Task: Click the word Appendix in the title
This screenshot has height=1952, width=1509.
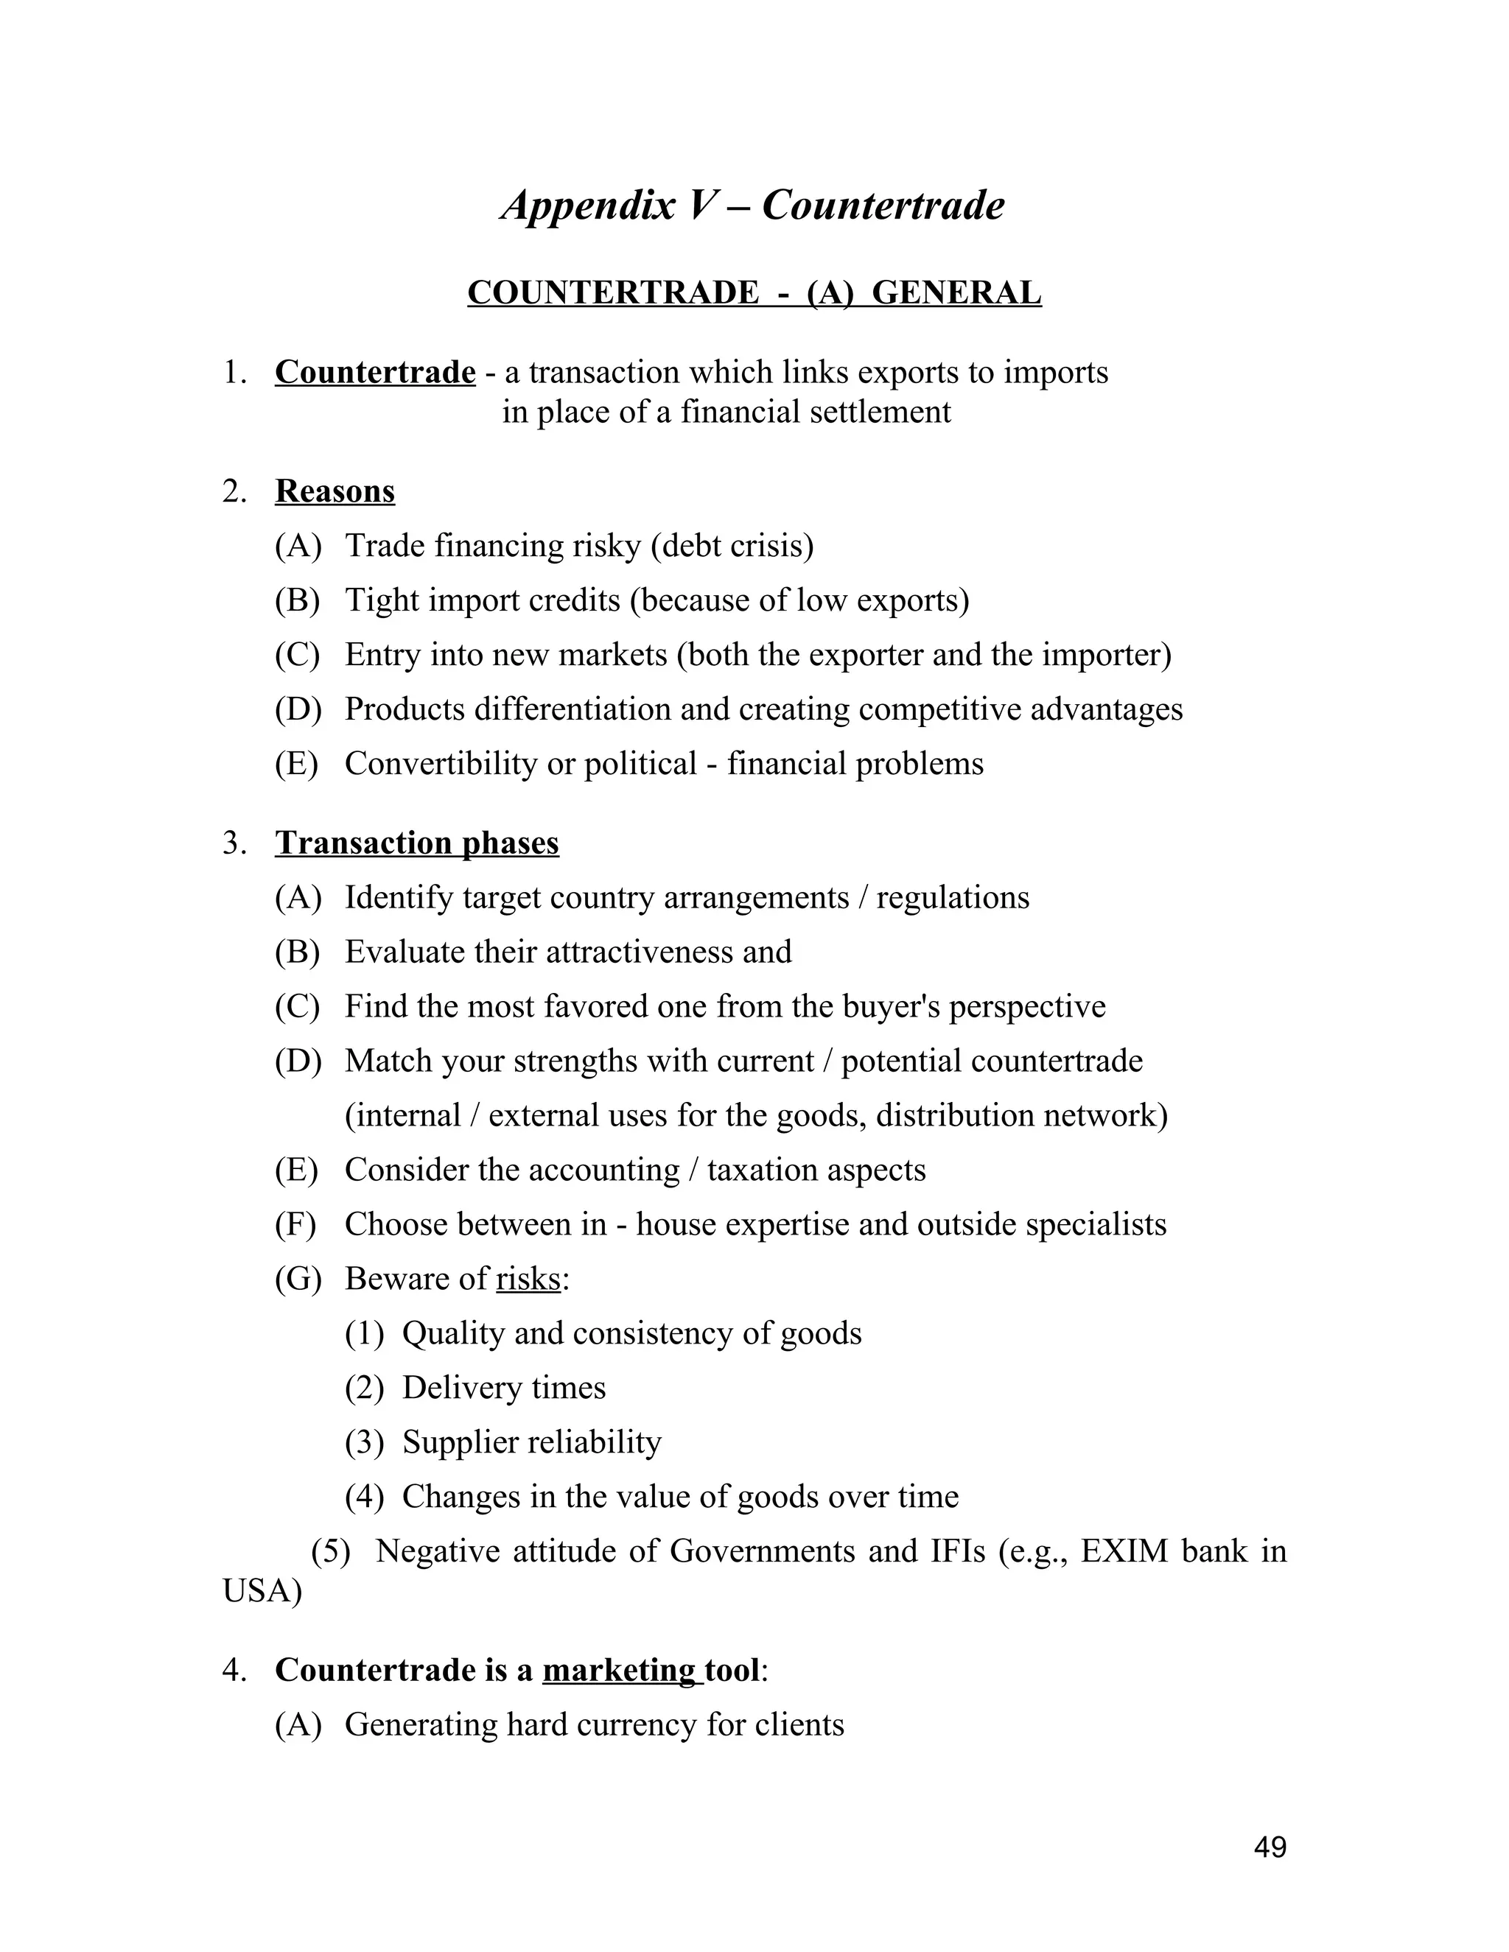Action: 588,206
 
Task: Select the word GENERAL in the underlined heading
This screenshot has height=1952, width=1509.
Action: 956,293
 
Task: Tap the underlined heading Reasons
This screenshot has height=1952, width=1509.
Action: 335,491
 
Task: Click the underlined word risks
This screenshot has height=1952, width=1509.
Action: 528,1279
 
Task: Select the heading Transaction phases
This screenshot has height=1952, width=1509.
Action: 416,843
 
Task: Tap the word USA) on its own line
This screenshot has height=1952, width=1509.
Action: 262,1591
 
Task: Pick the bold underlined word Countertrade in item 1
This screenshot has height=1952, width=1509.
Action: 374,372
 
